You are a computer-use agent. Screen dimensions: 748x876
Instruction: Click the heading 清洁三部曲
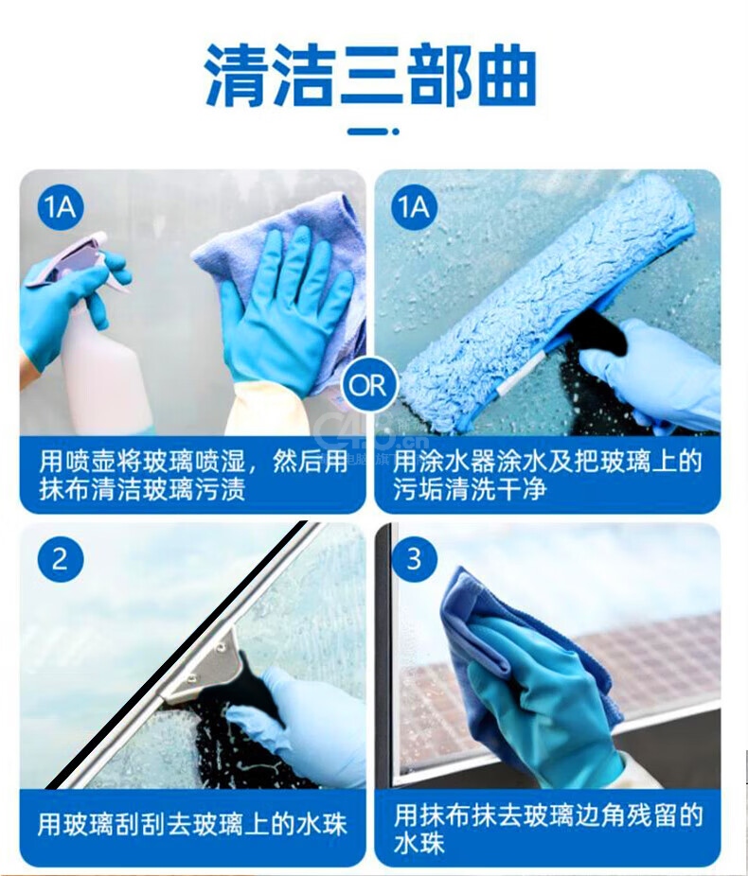pyautogui.click(x=370, y=75)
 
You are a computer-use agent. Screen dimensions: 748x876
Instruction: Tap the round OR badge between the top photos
pyautogui.click(x=368, y=385)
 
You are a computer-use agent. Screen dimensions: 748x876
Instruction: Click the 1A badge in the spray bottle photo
pyautogui.click(x=61, y=207)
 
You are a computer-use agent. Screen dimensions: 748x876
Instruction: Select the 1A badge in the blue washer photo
pyautogui.click(x=415, y=207)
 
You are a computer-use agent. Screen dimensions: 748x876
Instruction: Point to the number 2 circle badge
pyautogui.click(x=61, y=559)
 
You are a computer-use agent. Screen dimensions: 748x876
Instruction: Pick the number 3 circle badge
pyautogui.click(x=415, y=559)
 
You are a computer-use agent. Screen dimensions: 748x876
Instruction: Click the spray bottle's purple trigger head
pyautogui.click(x=70, y=260)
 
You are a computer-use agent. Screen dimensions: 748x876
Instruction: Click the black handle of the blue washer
pyautogui.click(x=598, y=334)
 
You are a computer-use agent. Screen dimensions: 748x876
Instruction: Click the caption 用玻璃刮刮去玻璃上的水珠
pyautogui.click(x=192, y=825)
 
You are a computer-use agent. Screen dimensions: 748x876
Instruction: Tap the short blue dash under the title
pyautogui.click(x=366, y=131)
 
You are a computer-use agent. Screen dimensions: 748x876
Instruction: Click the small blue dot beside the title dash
pyautogui.click(x=395, y=131)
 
